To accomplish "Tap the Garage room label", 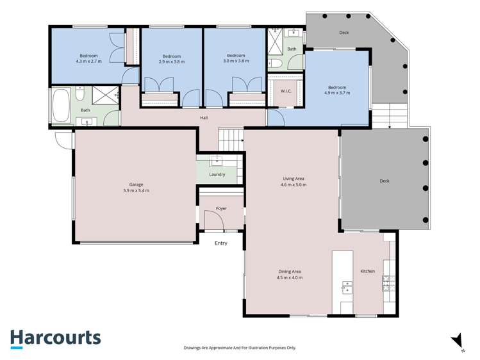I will pos(136,184).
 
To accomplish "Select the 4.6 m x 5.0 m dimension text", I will pos(294,184).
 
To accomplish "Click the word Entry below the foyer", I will pos(220,243).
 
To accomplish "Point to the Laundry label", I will pos(217,174).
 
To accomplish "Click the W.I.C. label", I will pos(286,91).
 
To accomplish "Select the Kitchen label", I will pos(367,272).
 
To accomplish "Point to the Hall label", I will pos(204,118).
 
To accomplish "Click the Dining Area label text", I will pos(290,272).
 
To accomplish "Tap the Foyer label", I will pos(221,209).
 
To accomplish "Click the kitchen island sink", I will pos(346,287).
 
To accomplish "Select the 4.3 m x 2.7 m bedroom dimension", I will pos(88,61).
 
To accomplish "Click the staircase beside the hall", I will pos(231,136).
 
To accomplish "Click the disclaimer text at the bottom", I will pos(240,348).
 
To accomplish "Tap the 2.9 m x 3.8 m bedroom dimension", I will pos(172,61).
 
